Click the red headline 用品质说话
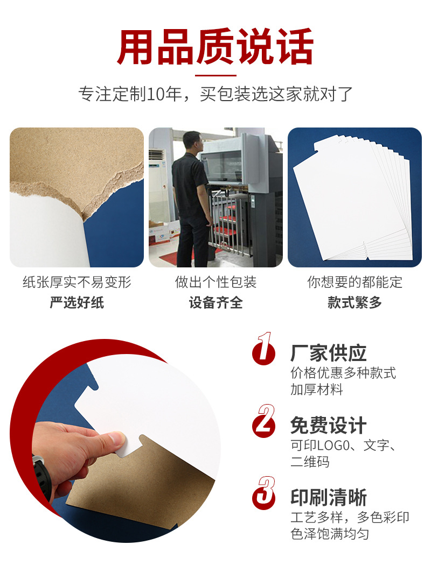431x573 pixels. click(215, 47)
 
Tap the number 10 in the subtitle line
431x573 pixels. click(156, 94)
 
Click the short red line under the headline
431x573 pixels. click(215, 75)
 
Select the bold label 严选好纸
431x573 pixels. click(77, 302)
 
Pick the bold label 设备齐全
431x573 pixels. click(215, 302)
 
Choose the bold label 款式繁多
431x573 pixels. click(354, 302)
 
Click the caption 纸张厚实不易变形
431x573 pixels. click(77, 282)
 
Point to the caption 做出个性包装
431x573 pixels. click(215, 282)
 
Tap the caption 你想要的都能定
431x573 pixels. click(354, 282)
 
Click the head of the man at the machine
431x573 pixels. click(191, 141)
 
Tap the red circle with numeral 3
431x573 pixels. click(263, 496)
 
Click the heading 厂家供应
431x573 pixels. click(328, 353)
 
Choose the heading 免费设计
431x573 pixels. click(328, 426)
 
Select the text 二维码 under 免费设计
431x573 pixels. click(310, 462)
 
